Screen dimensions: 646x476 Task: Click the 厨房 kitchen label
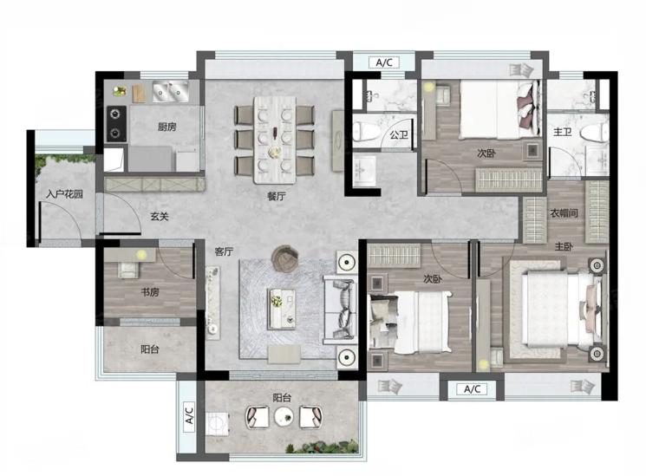point(166,127)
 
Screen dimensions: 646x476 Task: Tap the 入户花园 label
point(64,193)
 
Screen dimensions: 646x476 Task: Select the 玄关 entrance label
point(159,216)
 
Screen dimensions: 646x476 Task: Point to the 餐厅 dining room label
point(276,196)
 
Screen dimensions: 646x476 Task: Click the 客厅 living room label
point(224,251)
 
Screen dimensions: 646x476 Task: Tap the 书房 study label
point(149,292)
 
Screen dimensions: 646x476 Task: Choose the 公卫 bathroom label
point(398,134)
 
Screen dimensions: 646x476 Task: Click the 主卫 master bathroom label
point(563,132)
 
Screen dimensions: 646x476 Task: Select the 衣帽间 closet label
point(564,213)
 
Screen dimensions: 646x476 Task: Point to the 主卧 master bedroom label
point(563,247)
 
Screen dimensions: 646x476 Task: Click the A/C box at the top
point(384,62)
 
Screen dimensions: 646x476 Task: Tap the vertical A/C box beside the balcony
point(189,416)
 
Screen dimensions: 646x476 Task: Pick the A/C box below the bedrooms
point(472,389)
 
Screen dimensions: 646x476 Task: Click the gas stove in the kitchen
point(116,123)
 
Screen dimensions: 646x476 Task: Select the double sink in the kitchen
point(171,91)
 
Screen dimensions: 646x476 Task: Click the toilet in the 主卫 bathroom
point(594,134)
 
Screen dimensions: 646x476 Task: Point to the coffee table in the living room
point(282,309)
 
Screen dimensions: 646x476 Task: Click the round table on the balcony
point(284,416)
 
